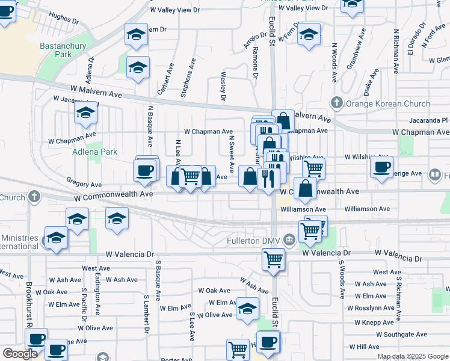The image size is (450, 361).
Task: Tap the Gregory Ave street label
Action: tap(85, 185)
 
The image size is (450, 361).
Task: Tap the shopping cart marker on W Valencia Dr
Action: tap(273, 259)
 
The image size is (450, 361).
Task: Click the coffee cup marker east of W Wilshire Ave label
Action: tap(381, 167)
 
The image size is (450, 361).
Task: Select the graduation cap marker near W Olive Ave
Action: tap(247, 308)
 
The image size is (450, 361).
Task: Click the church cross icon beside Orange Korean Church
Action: tap(337, 102)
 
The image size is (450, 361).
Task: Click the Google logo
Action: tap(20, 354)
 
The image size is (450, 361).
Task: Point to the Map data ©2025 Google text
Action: tap(413, 356)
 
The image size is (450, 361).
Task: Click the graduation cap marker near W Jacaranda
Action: tap(85, 113)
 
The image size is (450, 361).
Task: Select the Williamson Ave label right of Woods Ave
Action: tap(368, 209)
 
